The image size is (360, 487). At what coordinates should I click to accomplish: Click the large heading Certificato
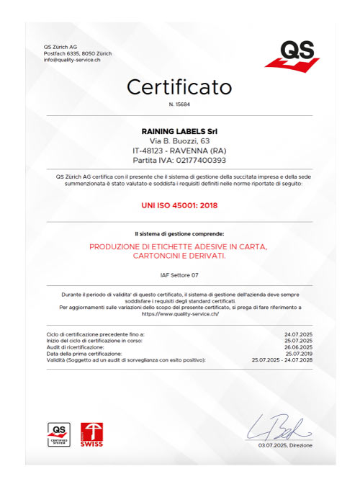click(x=179, y=87)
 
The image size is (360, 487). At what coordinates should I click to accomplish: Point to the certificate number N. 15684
click(x=179, y=105)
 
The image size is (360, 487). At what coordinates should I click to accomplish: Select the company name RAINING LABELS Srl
click(x=179, y=130)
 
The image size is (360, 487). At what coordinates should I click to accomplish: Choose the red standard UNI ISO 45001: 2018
click(x=179, y=205)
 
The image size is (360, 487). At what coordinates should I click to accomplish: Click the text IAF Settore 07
click(x=179, y=276)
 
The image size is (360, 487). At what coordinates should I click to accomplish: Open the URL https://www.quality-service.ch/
click(x=179, y=314)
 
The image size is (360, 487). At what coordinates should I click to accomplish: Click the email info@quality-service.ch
click(x=71, y=59)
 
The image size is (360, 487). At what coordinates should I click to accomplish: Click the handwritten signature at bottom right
click(x=282, y=426)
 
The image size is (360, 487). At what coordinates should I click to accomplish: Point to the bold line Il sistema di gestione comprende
click(x=179, y=234)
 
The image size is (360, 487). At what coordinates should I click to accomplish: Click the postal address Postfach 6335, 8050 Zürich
click(x=77, y=53)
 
